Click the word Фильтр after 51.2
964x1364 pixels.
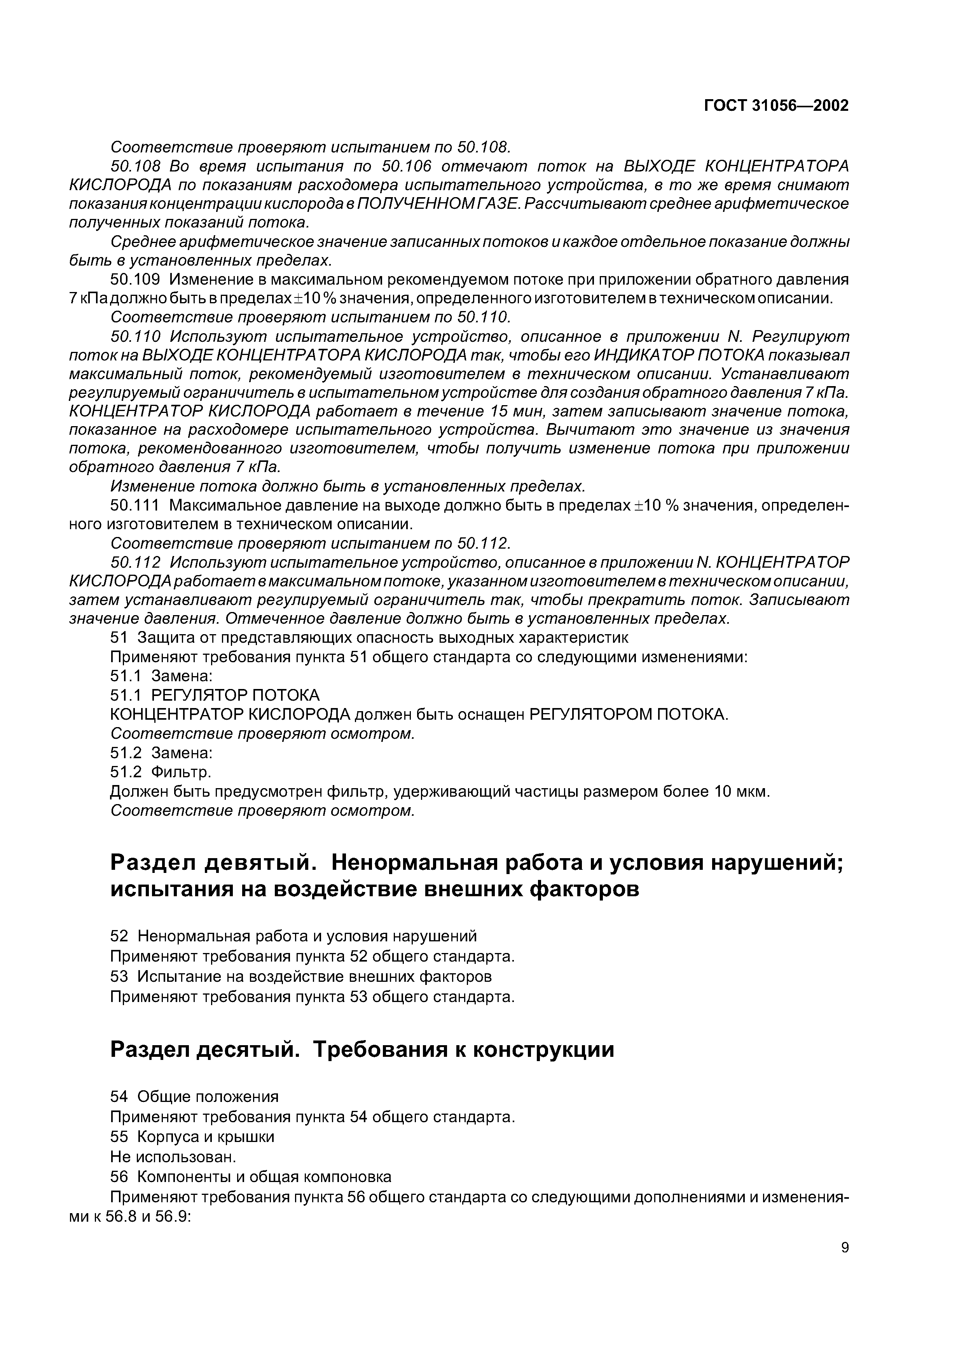pos(181,772)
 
